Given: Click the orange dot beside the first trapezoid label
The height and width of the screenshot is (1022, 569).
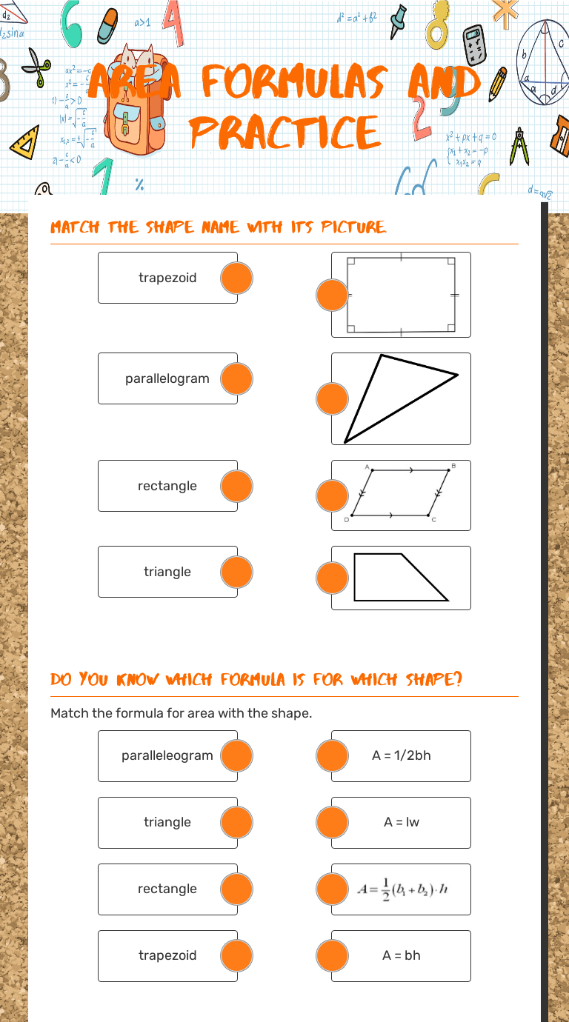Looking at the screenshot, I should (237, 278).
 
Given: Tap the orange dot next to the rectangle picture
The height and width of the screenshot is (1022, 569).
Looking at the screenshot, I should (332, 295).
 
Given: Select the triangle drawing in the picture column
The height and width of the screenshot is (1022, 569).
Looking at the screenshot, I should (401, 398).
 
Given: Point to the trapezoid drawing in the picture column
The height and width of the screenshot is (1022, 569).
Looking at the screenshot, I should (401, 578).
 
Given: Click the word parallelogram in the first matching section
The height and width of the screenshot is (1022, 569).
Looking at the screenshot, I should (167, 378).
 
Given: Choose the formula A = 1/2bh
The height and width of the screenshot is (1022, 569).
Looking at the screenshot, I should (402, 755).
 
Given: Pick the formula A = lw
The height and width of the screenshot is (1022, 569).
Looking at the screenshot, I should (402, 822).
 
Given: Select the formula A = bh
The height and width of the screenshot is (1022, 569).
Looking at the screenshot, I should (402, 955).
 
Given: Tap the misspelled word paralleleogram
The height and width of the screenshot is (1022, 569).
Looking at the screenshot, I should (167, 755).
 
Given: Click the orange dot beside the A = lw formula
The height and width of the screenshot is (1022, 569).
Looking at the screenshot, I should (332, 822).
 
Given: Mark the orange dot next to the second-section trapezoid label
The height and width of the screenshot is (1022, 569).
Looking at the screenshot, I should (237, 955).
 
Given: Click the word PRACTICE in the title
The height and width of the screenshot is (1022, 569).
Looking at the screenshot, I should (285, 133).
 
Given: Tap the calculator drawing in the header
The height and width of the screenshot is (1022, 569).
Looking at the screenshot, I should (473, 44).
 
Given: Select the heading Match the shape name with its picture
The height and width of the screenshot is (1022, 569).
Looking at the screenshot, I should (219, 227).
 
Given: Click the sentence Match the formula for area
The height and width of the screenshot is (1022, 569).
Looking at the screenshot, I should (182, 713).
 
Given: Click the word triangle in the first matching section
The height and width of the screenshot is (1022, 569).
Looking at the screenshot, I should (167, 572).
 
